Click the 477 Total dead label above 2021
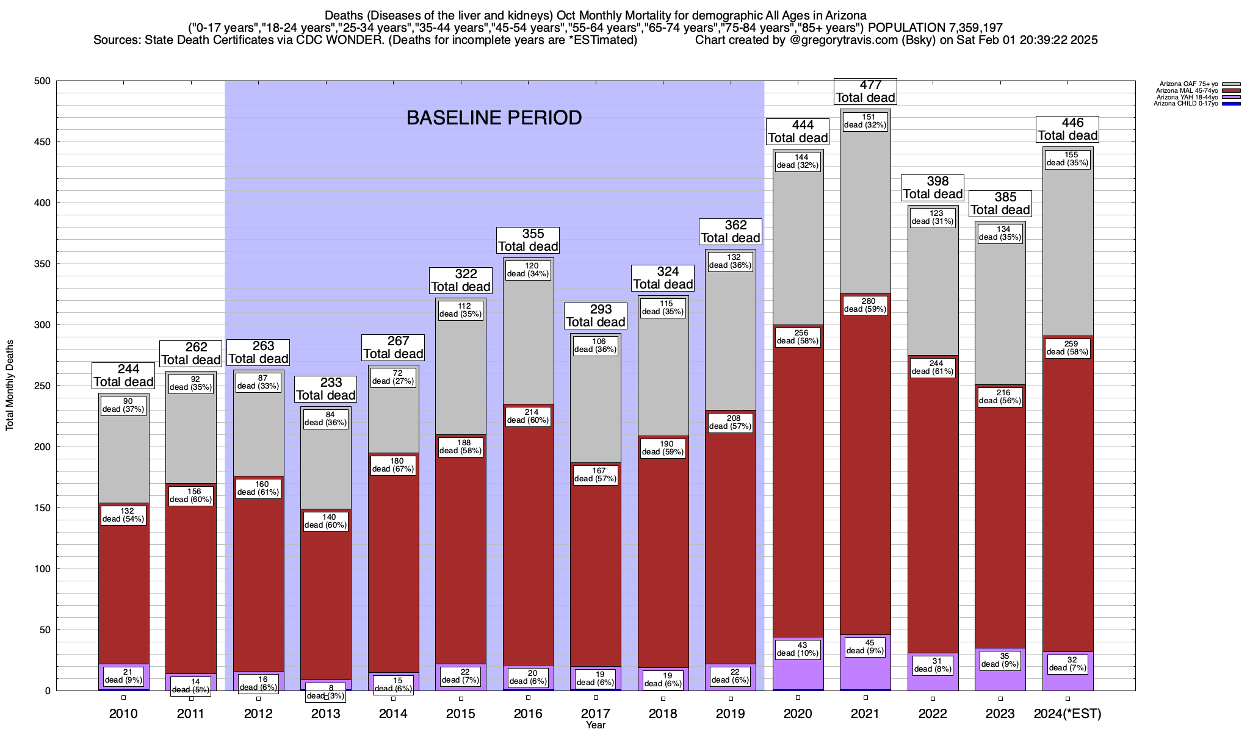pos(865,91)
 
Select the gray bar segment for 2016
pos(528,342)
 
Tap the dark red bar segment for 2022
pos(933,518)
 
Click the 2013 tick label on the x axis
pos(325,714)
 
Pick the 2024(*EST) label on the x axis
pos(1068,714)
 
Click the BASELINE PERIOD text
pos(494,118)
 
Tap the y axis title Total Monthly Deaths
pos(10,386)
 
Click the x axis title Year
pos(595,725)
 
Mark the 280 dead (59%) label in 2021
pos(865,305)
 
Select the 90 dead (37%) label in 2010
pos(123,405)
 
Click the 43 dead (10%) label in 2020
pos(798,649)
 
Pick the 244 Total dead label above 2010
pos(123,375)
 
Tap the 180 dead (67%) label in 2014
pos(393,465)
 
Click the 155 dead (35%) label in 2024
pos(1068,159)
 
